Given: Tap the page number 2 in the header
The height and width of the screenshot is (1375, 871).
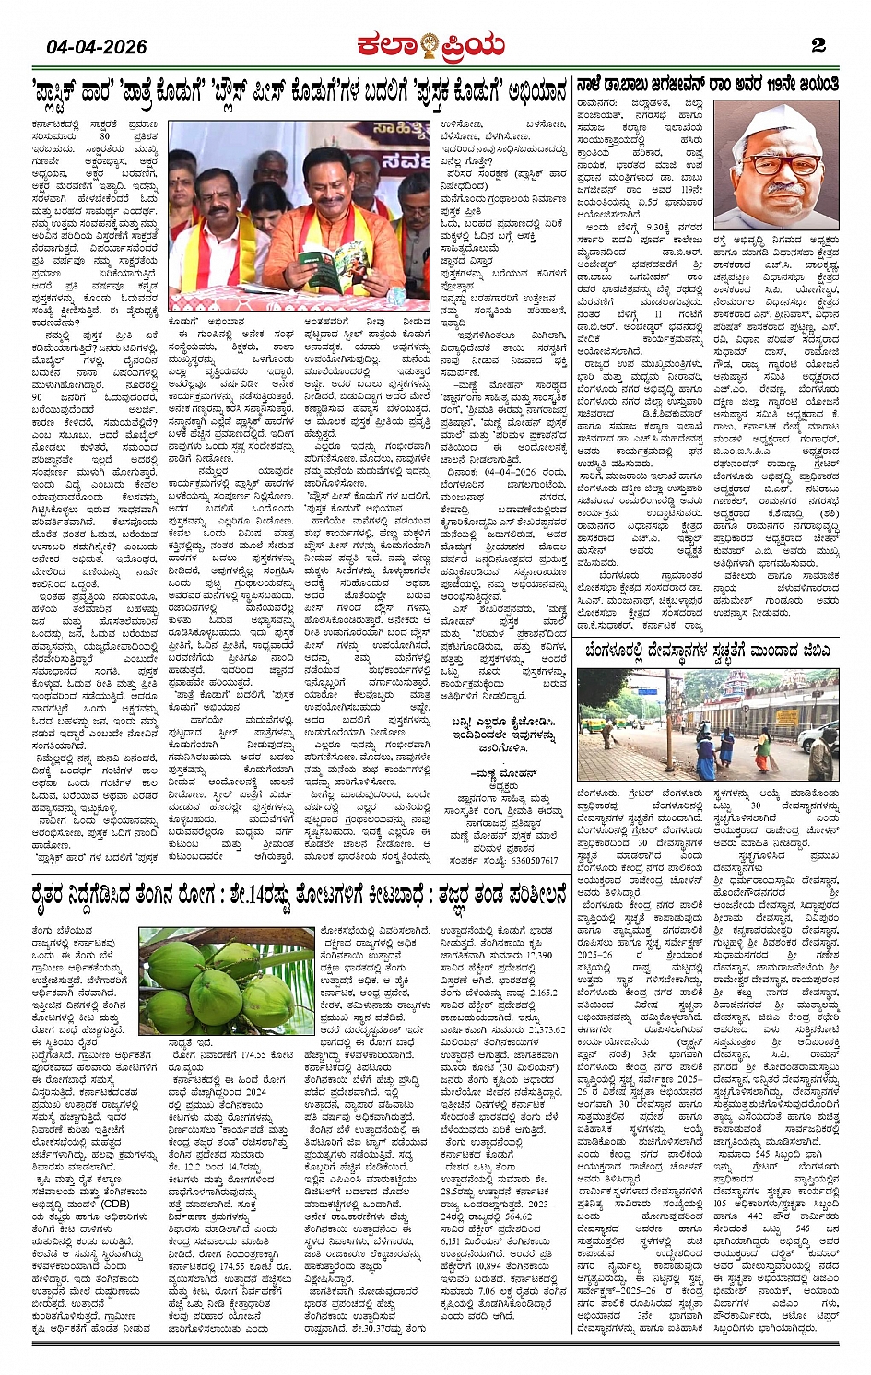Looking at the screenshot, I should click(x=818, y=45).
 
